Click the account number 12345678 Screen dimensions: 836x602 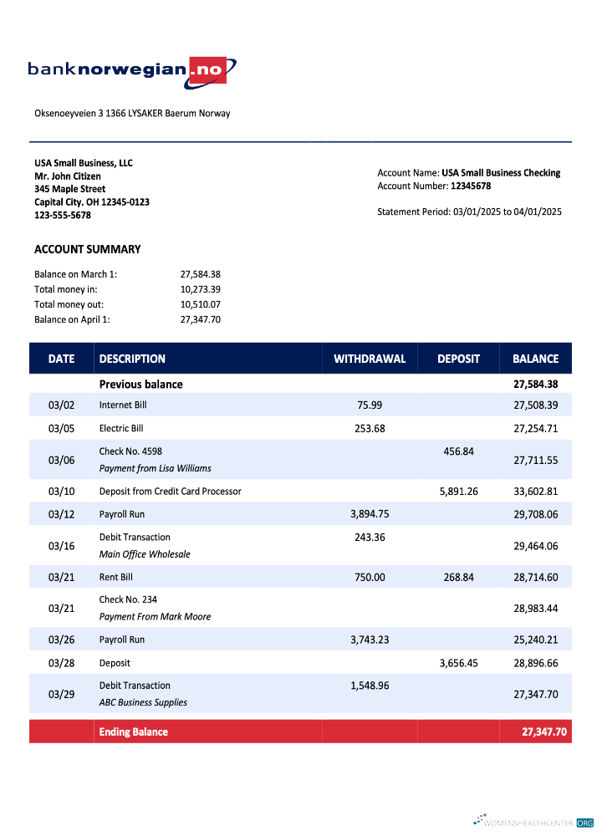471,186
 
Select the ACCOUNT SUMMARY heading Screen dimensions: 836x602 88,249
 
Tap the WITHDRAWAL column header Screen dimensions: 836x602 370,359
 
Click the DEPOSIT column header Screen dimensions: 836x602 458,359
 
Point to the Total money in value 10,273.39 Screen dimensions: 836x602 200,289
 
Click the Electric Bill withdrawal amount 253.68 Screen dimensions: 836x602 370,428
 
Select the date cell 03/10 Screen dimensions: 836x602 61,491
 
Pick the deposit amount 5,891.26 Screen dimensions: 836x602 458,491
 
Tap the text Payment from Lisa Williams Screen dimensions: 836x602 155,468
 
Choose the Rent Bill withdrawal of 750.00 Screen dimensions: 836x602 370,577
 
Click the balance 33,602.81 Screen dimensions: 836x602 535,491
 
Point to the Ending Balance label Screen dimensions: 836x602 134,731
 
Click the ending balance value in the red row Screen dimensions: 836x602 544,731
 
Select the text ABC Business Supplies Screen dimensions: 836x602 143,702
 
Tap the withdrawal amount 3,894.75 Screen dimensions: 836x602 370,514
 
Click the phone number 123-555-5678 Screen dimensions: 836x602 63,215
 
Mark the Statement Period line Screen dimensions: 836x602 469,212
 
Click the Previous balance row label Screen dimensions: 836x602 140,385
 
